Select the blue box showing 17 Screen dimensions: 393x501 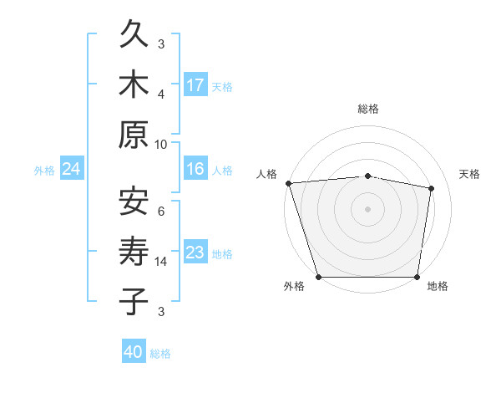[195, 85]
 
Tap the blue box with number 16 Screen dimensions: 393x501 [195, 170]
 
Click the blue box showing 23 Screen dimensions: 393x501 [195, 253]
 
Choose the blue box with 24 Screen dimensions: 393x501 [71, 170]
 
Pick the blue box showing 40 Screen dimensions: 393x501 [134, 353]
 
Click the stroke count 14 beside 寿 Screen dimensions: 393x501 [161, 262]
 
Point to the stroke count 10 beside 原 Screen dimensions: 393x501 [161, 144]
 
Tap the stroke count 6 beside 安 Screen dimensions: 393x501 [161, 212]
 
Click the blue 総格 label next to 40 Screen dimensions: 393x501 [160, 354]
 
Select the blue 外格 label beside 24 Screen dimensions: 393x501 [44, 171]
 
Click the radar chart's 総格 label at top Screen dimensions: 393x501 [368, 109]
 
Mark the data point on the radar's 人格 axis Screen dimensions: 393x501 [288, 183]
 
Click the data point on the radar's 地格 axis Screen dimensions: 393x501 [417, 277]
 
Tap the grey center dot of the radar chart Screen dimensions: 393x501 [368, 209]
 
